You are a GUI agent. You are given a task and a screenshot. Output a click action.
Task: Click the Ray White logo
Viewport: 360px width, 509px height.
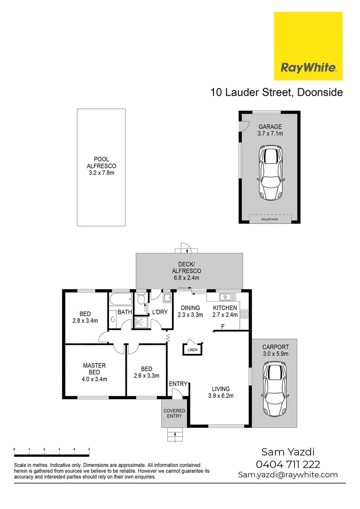(x=308, y=67)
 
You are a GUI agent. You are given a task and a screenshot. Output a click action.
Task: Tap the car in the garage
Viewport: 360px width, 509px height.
(x=270, y=174)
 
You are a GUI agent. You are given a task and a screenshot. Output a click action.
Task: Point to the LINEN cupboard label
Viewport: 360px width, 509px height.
(x=192, y=350)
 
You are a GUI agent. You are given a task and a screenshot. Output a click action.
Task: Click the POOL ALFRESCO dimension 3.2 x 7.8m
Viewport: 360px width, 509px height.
(x=101, y=173)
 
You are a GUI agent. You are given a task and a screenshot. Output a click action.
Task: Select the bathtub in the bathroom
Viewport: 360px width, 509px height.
(x=120, y=300)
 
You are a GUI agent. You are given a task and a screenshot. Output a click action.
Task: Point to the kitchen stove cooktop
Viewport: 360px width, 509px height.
(x=244, y=314)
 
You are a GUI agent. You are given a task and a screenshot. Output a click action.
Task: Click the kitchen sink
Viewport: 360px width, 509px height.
(x=228, y=297)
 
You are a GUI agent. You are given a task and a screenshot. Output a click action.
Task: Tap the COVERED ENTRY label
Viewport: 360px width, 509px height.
(x=174, y=413)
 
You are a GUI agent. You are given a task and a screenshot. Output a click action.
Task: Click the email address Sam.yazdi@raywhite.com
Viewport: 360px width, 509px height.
(x=288, y=475)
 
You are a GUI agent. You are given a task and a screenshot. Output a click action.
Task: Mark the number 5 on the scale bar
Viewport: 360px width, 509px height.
(x=89, y=450)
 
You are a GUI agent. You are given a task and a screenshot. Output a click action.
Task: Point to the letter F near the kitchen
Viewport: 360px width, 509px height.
(x=222, y=327)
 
